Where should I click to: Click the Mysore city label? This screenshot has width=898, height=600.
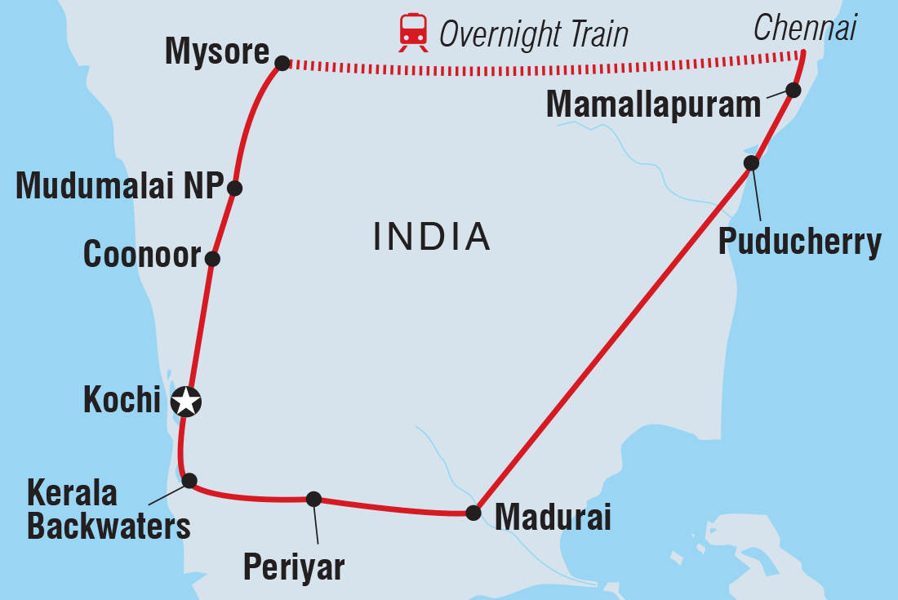tap(216, 52)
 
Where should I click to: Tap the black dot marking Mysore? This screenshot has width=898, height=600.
tap(282, 63)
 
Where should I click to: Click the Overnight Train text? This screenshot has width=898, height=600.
tap(534, 34)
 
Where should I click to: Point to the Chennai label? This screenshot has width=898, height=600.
tap(805, 29)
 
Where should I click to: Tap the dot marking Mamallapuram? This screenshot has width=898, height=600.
tap(792, 90)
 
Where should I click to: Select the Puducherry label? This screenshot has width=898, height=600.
tap(799, 242)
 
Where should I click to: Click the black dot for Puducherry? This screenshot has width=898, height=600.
tap(751, 163)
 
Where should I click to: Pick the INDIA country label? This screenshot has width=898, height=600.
tap(432, 237)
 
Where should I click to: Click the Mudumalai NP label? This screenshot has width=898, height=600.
tap(119, 187)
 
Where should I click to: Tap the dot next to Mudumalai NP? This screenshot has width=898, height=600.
tap(234, 188)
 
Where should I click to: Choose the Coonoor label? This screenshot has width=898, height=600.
tap(142, 256)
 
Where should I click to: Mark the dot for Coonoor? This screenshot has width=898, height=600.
tap(212, 259)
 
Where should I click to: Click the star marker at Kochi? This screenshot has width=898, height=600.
tap(187, 402)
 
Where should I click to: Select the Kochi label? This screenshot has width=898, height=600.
tap(122, 400)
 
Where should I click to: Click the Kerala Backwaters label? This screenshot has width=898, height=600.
tap(108, 510)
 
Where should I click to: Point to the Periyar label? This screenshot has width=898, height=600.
tap(293, 566)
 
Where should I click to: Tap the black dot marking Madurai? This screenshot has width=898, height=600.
tap(473, 513)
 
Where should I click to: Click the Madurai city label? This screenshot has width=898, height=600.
tap(553, 518)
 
